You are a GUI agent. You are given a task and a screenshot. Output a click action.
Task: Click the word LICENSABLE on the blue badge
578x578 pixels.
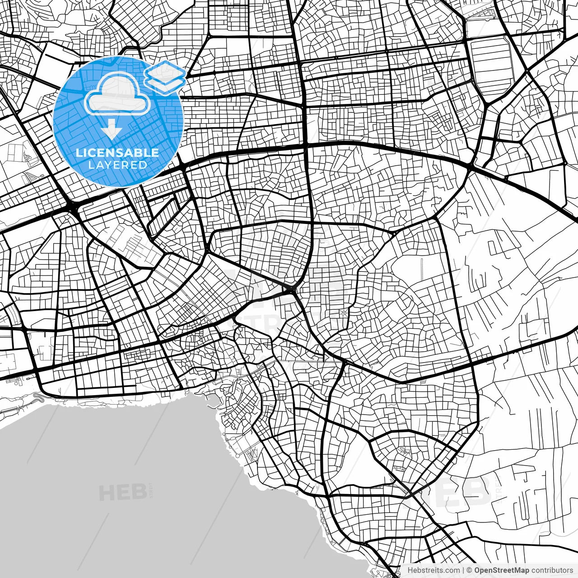117,153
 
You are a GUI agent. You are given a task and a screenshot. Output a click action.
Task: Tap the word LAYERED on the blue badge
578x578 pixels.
117,165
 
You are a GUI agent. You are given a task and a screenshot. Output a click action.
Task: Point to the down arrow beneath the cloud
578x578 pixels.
112,130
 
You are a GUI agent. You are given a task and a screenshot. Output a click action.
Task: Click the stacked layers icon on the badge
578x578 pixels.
165,77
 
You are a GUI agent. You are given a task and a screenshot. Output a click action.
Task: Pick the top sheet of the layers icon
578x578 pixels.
165,71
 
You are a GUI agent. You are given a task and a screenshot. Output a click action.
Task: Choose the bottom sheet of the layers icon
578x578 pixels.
165,84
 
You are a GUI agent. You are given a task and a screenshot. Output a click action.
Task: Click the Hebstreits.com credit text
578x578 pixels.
433,570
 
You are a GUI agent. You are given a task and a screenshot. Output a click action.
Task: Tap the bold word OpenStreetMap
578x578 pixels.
501,570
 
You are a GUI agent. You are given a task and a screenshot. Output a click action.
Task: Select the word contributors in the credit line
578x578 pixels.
552,570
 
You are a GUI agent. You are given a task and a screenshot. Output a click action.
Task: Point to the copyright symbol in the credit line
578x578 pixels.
470,570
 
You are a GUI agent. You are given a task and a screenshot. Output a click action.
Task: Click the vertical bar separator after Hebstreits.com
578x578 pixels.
464,570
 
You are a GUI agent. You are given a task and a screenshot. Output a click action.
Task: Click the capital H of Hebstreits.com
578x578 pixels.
410,570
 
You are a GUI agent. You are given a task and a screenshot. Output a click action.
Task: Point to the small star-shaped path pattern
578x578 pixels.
344,312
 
